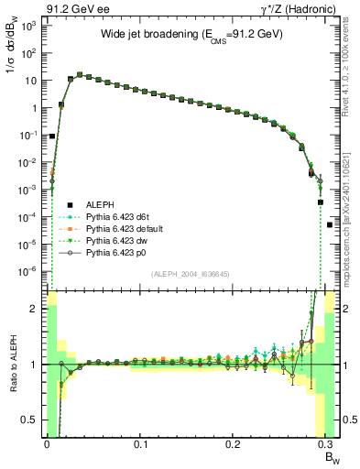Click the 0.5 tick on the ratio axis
[x=29, y=420]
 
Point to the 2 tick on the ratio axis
[x=33, y=309]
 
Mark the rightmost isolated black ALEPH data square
[x=330, y=224]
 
